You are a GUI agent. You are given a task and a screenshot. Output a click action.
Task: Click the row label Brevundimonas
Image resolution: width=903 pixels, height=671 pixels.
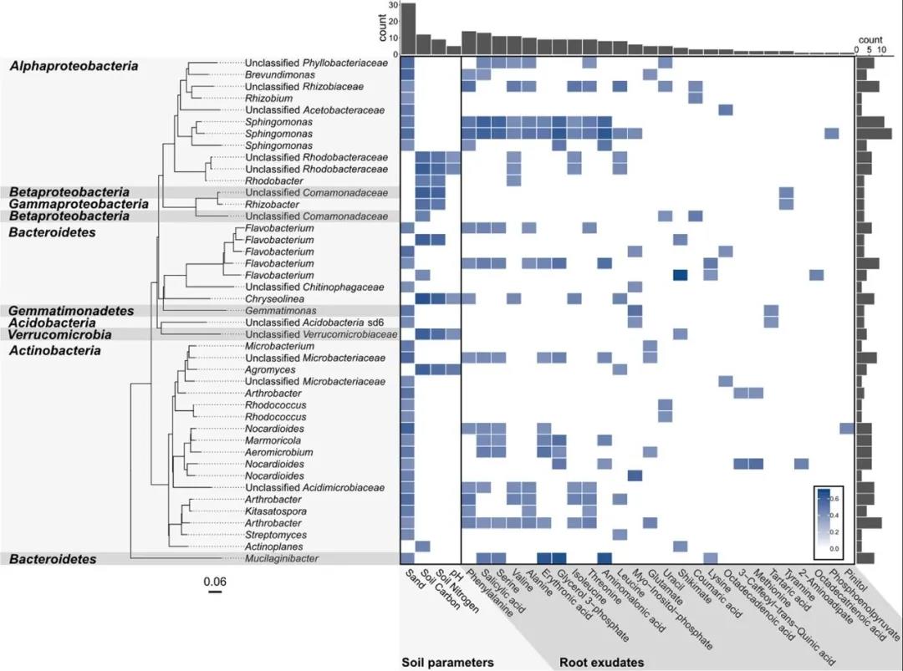pyautogui.click(x=280, y=74)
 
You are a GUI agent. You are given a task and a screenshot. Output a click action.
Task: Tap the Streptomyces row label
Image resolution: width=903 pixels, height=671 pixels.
pyautogui.click(x=276, y=535)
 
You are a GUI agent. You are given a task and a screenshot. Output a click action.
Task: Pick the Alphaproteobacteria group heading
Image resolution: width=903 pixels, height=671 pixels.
pyautogui.click(x=74, y=66)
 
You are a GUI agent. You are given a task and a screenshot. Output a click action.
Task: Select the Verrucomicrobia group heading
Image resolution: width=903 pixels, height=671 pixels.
pyautogui.click(x=61, y=334)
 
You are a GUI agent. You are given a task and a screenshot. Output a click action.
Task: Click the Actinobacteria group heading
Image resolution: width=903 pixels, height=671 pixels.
pyautogui.click(x=56, y=350)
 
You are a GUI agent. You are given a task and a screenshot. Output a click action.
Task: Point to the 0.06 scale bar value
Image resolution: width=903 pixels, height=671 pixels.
pyautogui.click(x=216, y=581)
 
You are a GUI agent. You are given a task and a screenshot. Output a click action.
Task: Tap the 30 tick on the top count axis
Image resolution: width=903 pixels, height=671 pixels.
pyautogui.click(x=393, y=6)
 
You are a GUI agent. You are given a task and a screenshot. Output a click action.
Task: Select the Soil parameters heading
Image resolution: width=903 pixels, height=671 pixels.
pyautogui.click(x=447, y=663)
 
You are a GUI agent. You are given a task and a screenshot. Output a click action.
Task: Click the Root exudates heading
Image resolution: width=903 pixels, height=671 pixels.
pyautogui.click(x=601, y=663)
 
